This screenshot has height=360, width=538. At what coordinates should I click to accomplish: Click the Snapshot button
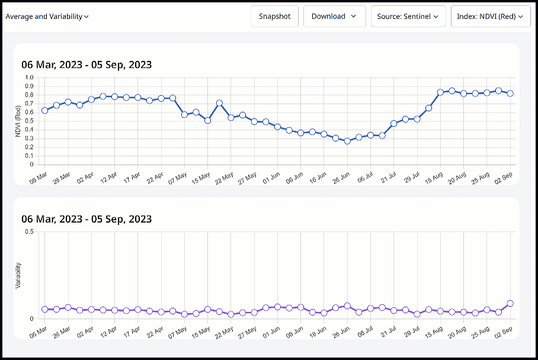(x=274, y=17)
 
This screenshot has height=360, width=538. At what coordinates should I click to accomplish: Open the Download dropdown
(x=334, y=17)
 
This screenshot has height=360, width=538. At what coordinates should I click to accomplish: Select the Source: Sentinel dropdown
(x=408, y=17)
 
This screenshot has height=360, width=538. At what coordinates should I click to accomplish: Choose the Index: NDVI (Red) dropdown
(x=490, y=17)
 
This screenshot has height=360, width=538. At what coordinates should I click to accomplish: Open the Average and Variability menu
(x=47, y=17)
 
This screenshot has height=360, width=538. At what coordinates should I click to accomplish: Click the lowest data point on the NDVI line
(x=347, y=141)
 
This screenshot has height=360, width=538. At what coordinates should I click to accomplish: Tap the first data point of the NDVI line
(x=44, y=110)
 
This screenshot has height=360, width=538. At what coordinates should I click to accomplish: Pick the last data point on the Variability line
(x=510, y=303)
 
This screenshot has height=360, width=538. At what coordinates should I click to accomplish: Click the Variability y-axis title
(x=18, y=275)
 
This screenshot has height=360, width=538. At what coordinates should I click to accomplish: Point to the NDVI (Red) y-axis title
(x=18, y=121)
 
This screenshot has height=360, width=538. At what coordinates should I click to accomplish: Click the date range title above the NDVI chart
(x=87, y=65)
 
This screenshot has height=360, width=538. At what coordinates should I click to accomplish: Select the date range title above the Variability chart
(x=87, y=219)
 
